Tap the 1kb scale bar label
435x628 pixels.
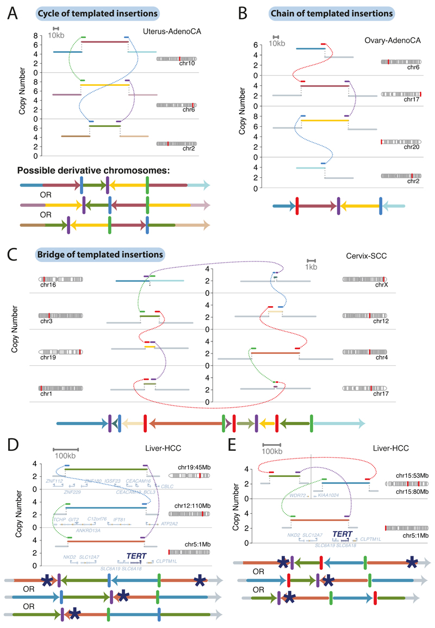311,267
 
